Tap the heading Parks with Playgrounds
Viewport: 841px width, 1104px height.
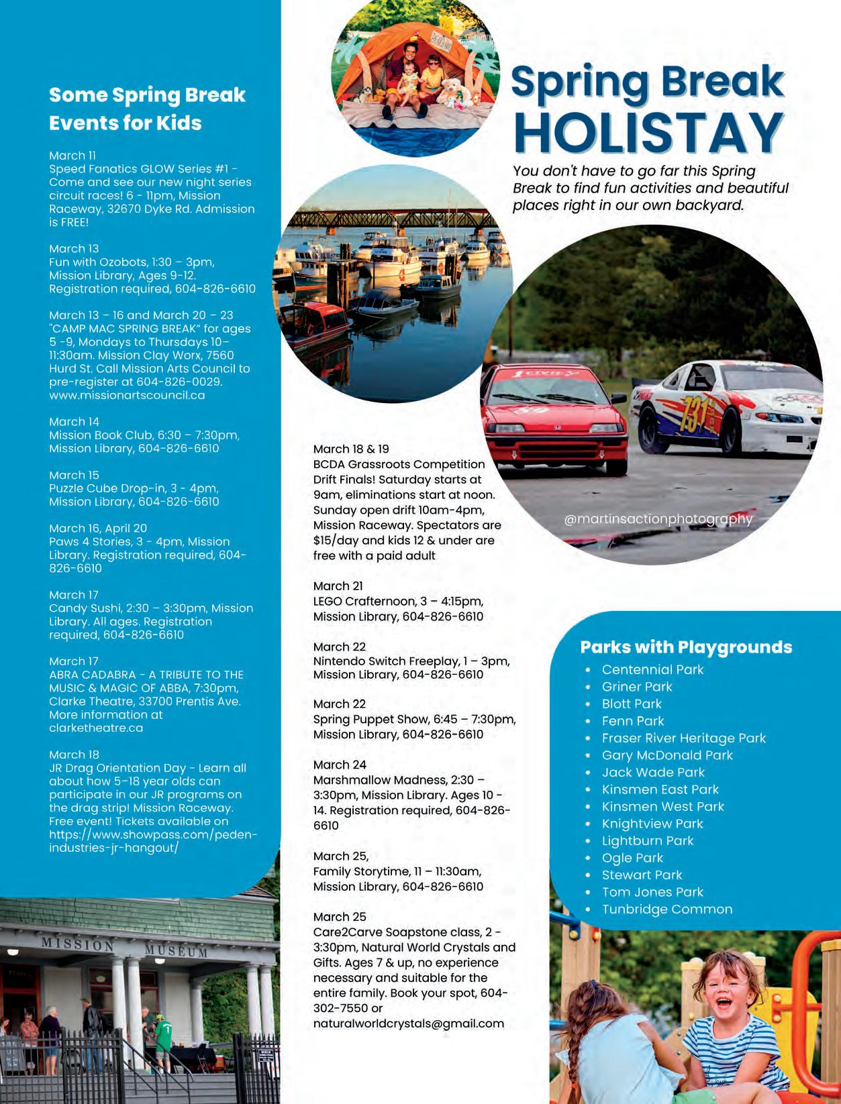[685, 647]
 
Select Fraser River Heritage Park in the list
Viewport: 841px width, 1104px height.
[683, 738]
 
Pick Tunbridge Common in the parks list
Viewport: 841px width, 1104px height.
[666, 909]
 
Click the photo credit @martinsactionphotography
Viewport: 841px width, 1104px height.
[658, 518]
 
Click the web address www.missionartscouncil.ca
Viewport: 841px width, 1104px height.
[127, 395]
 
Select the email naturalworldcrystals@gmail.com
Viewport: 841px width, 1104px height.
[408, 1024]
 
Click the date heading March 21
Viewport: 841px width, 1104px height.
[338, 586]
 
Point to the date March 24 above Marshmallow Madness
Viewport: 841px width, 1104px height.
[340, 765]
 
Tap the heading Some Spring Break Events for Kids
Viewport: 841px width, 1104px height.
[147, 109]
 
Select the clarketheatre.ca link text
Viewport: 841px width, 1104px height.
[96, 728]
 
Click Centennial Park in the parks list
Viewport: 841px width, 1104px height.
[652, 669]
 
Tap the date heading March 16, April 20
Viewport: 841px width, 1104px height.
[98, 529]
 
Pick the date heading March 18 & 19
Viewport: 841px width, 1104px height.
[351, 449]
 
